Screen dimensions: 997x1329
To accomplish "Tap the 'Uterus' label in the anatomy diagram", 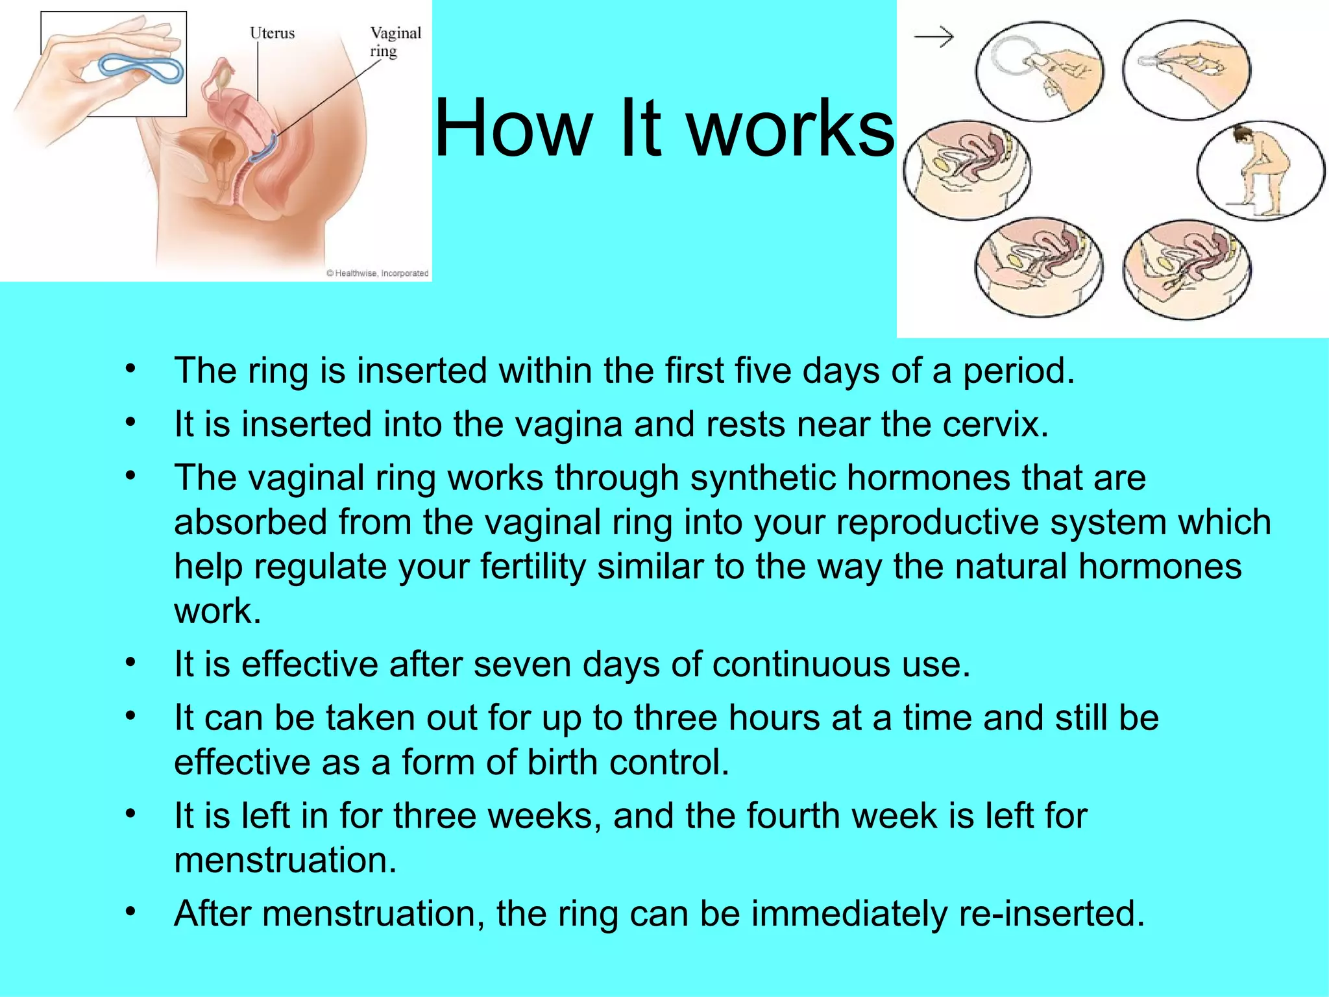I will click(272, 33).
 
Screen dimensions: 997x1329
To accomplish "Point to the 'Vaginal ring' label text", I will click(395, 42).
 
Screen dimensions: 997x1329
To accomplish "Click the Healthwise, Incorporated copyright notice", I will click(377, 273).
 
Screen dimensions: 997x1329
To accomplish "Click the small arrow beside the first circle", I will click(934, 37).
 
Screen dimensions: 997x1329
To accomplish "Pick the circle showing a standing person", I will click(1260, 171).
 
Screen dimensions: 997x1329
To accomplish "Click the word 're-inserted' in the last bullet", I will click(1046, 913).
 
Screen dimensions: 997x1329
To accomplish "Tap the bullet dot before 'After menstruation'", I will click(131, 911).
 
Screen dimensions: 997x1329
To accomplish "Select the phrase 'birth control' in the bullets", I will click(628, 762).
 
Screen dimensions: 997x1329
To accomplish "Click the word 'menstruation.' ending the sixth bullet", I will click(285, 860).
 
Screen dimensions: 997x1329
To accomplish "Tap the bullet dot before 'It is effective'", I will click(131, 662).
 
